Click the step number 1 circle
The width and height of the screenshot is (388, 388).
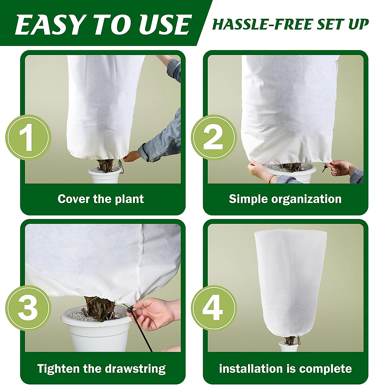(x=28, y=137)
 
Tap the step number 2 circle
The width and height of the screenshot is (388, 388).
(x=213, y=137)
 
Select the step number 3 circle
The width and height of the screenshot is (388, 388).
(x=28, y=307)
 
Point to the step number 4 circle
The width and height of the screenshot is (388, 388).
(x=213, y=307)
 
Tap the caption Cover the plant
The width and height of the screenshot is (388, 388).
(x=101, y=199)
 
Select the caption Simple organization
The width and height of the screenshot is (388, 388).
(x=285, y=199)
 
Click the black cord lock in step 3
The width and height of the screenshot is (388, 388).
(x=130, y=309)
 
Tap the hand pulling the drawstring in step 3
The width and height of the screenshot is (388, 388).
(x=154, y=312)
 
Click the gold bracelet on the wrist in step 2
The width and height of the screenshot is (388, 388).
(x=272, y=178)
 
